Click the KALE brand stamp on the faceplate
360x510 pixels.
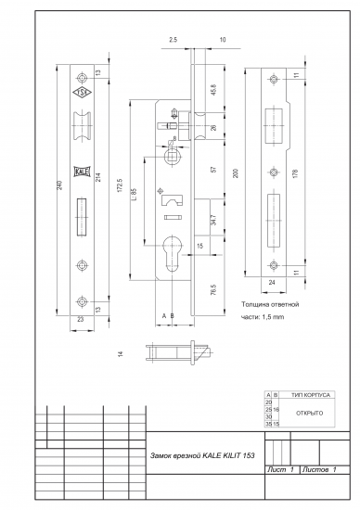[82, 159]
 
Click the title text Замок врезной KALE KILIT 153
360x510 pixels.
[202, 457]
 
